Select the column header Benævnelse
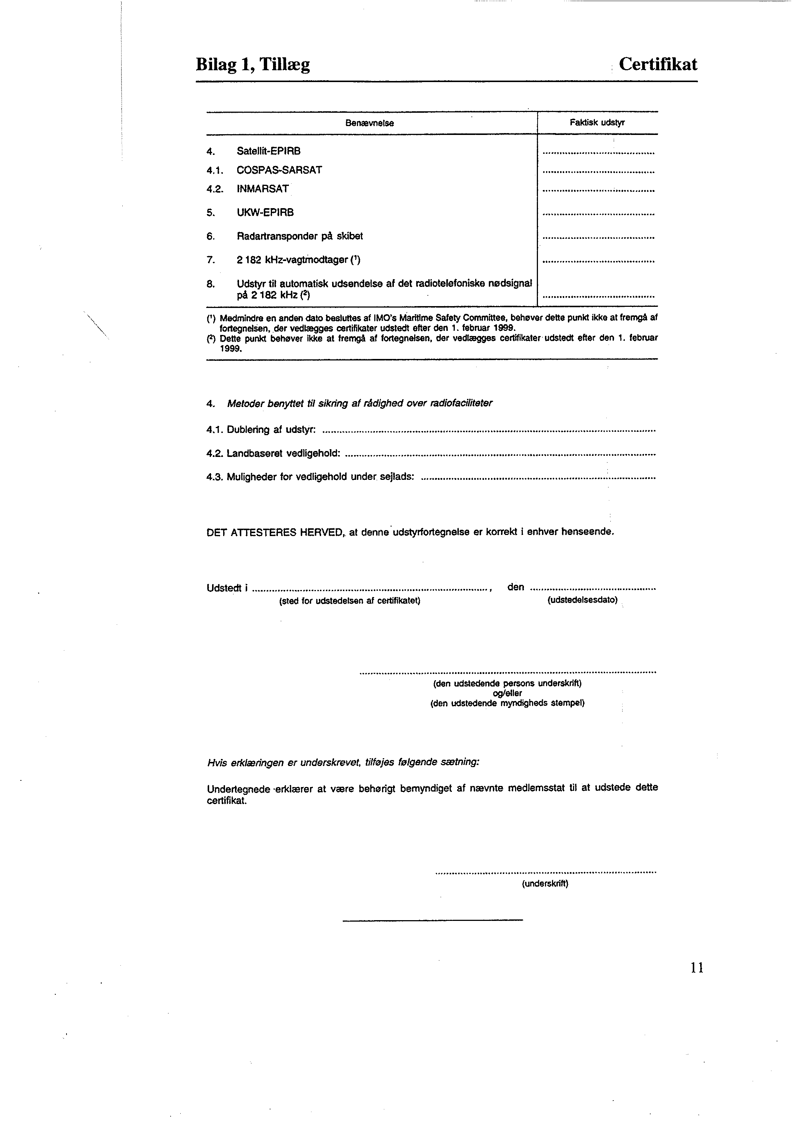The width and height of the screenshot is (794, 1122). (369, 123)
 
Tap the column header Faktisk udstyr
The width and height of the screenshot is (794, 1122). (597, 123)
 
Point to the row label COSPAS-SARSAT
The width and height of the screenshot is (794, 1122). (279, 170)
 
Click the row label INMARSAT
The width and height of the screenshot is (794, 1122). (263, 189)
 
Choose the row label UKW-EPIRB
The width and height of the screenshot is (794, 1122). (265, 212)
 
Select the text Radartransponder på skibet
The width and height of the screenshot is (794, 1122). (300, 236)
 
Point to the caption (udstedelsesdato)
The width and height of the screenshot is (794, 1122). (582, 600)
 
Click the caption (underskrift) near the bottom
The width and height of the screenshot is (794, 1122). (545, 884)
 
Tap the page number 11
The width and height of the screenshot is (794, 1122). (697, 967)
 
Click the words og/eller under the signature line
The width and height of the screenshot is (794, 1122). (508, 693)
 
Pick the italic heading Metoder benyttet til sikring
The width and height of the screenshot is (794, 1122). (359, 403)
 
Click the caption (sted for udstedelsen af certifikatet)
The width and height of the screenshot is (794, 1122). (350, 601)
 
